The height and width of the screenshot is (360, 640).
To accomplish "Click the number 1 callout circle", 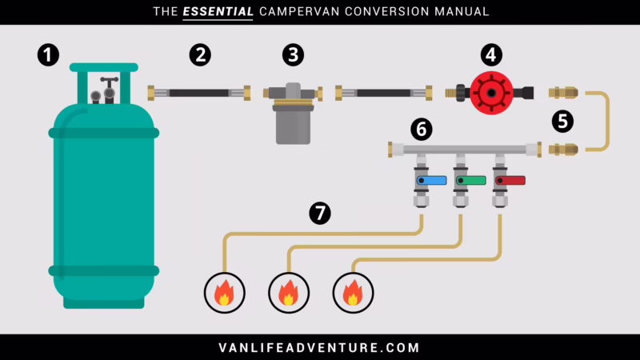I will coord(49,55).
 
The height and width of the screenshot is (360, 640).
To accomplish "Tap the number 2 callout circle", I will coord(200,55).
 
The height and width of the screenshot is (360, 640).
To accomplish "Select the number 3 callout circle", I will coord(294,55).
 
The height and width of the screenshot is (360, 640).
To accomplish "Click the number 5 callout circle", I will coord(563,121).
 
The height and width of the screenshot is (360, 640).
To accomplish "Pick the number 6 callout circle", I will coord(422,128).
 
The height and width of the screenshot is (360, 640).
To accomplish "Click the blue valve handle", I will coord(432,181).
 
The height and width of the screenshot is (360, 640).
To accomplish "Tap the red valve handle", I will coord(510,181).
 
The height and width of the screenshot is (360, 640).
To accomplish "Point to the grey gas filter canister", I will coord(293,126).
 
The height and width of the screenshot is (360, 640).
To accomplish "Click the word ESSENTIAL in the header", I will coord(227,12).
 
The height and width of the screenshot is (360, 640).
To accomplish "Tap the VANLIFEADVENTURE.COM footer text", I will coord(319,347).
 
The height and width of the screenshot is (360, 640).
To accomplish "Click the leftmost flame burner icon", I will coord(225,293).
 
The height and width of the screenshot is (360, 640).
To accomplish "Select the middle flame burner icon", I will coord(288,293).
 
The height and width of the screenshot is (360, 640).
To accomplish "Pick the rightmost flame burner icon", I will coord(352,293).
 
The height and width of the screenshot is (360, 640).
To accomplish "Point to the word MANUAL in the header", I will coord(460,12).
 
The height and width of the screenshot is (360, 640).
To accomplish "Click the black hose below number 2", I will coord(200,93).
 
